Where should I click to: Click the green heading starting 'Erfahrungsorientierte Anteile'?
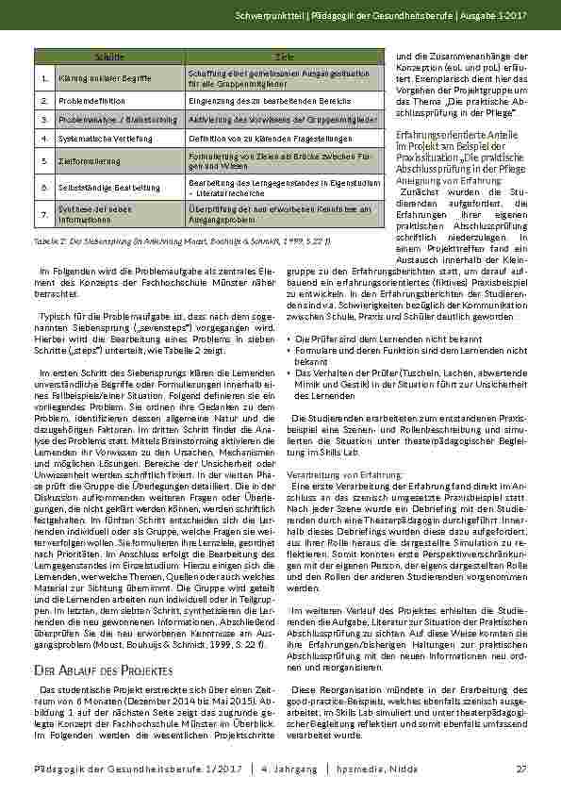click(442, 136)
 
